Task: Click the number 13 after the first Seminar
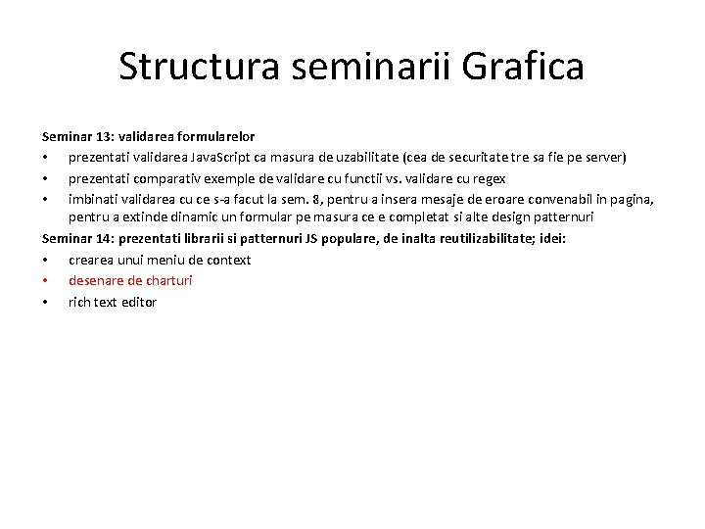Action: (102, 136)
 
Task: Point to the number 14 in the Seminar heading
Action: (102, 238)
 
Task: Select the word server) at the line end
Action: (604, 157)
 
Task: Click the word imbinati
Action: (91, 198)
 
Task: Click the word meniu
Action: (161, 260)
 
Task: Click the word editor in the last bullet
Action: (138, 302)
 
